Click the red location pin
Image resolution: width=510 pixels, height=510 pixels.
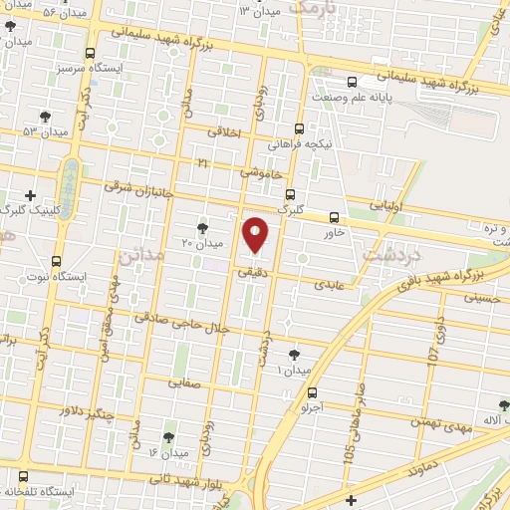click(x=256, y=235)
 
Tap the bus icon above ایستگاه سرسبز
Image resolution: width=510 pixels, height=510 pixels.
click(x=91, y=54)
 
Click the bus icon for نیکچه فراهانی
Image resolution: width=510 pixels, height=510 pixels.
click(x=300, y=128)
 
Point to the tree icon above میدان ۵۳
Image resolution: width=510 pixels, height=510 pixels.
click(x=45, y=117)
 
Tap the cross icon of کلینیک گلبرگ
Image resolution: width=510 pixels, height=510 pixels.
click(x=31, y=195)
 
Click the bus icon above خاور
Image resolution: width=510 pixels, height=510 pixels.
click(x=334, y=217)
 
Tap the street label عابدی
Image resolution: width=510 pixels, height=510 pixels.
click(x=329, y=284)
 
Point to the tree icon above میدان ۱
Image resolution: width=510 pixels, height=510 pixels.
click(x=293, y=355)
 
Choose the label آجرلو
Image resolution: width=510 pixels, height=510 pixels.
click(x=312, y=407)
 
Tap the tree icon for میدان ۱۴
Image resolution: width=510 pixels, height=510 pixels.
click(x=167, y=437)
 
